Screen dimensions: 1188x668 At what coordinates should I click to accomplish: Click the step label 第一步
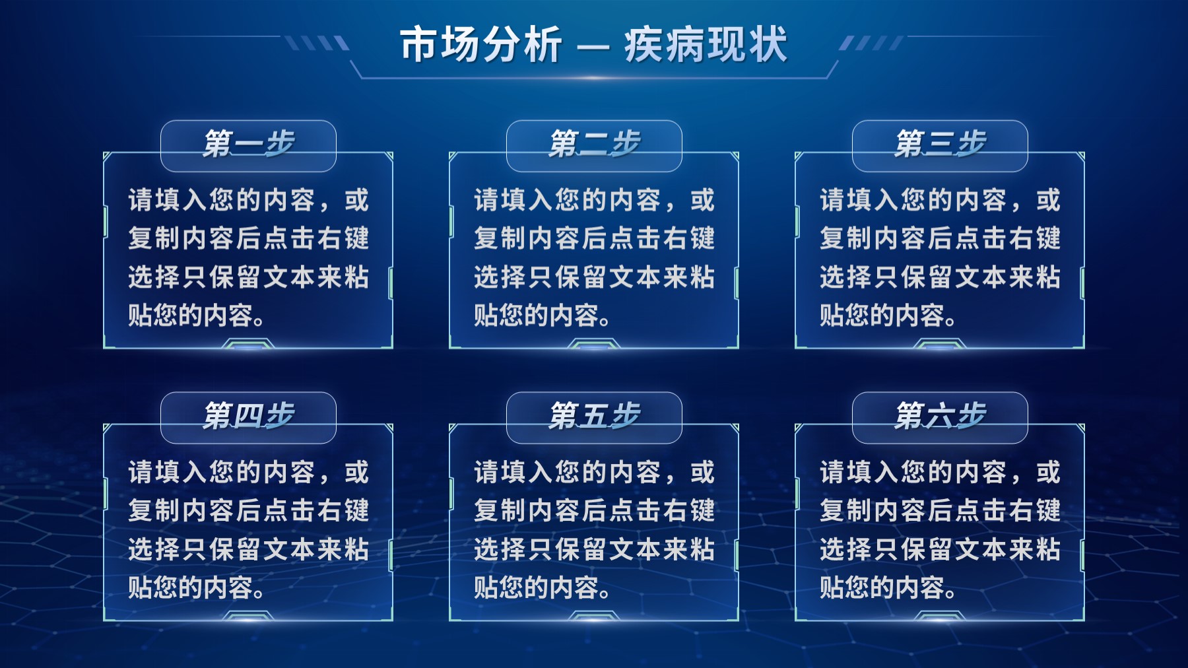(x=248, y=144)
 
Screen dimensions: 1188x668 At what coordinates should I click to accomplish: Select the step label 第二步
(x=594, y=144)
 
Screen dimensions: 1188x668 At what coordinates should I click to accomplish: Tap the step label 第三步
(x=940, y=144)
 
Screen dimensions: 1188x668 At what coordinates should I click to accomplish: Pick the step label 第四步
(x=248, y=416)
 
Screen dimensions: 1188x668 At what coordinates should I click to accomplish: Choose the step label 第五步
(x=594, y=416)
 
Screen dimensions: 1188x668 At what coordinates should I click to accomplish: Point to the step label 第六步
(x=940, y=416)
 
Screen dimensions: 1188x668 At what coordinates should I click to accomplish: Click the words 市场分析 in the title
(x=481, y=45)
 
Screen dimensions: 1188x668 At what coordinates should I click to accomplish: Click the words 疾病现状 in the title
(x=706, y=45)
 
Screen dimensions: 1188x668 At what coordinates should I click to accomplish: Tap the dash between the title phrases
(x=593, y=47)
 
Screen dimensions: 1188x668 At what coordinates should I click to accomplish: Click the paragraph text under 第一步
(x=248, y=257)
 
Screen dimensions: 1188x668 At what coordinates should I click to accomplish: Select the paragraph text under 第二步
(x=594, y=257)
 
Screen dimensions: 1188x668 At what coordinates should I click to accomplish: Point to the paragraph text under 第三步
(x=940, y=257)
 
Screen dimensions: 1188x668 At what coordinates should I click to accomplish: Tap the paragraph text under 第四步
(x=248, y=529)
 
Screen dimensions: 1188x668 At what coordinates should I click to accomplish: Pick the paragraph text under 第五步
(x=594, y=529)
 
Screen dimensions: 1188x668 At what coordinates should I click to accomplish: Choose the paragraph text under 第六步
(x=940, y=529)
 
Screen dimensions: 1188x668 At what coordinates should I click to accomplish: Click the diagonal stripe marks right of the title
(x=871, y=44)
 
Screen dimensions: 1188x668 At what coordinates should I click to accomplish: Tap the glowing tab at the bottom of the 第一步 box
(x=248, y=344)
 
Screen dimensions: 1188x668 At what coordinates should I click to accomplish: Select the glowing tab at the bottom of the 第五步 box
(x=594, y=616)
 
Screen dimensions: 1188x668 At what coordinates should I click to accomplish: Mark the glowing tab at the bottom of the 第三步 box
(x=940, y=344)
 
